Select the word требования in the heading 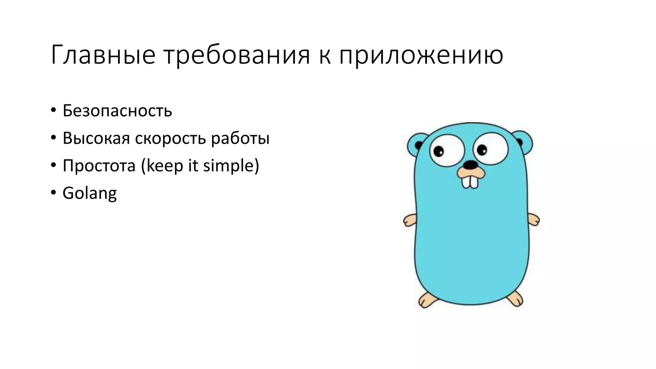coord(237,55)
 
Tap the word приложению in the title coord(421,55)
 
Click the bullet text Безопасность coord(117,111)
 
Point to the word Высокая coord(96,138)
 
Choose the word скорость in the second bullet coord(171,138)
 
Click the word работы coord(240,138)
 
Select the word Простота coord(99,166)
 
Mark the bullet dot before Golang coord(53,193)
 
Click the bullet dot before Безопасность coord(53,110)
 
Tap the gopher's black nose coord(470,165)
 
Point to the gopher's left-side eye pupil coord(439,151)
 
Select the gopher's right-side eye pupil coord(482,149)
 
